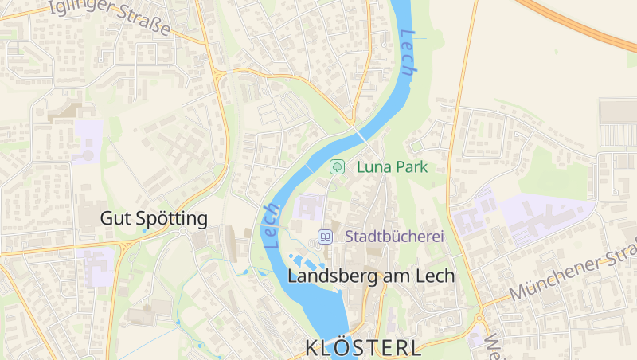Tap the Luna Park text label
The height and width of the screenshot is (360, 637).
[393, 167]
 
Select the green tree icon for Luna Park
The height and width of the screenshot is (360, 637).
[337, 167]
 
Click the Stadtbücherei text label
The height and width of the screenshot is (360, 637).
[394, 237]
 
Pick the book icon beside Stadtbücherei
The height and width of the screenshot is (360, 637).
[325, 237]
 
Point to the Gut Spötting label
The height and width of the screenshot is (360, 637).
[154, 218]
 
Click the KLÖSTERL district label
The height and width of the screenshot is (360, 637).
[363, 348]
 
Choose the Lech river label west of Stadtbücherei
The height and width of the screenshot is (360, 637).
[271, 226]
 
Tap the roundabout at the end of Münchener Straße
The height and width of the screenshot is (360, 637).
[479, 318]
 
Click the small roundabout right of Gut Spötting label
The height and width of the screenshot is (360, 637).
[183, 232]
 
